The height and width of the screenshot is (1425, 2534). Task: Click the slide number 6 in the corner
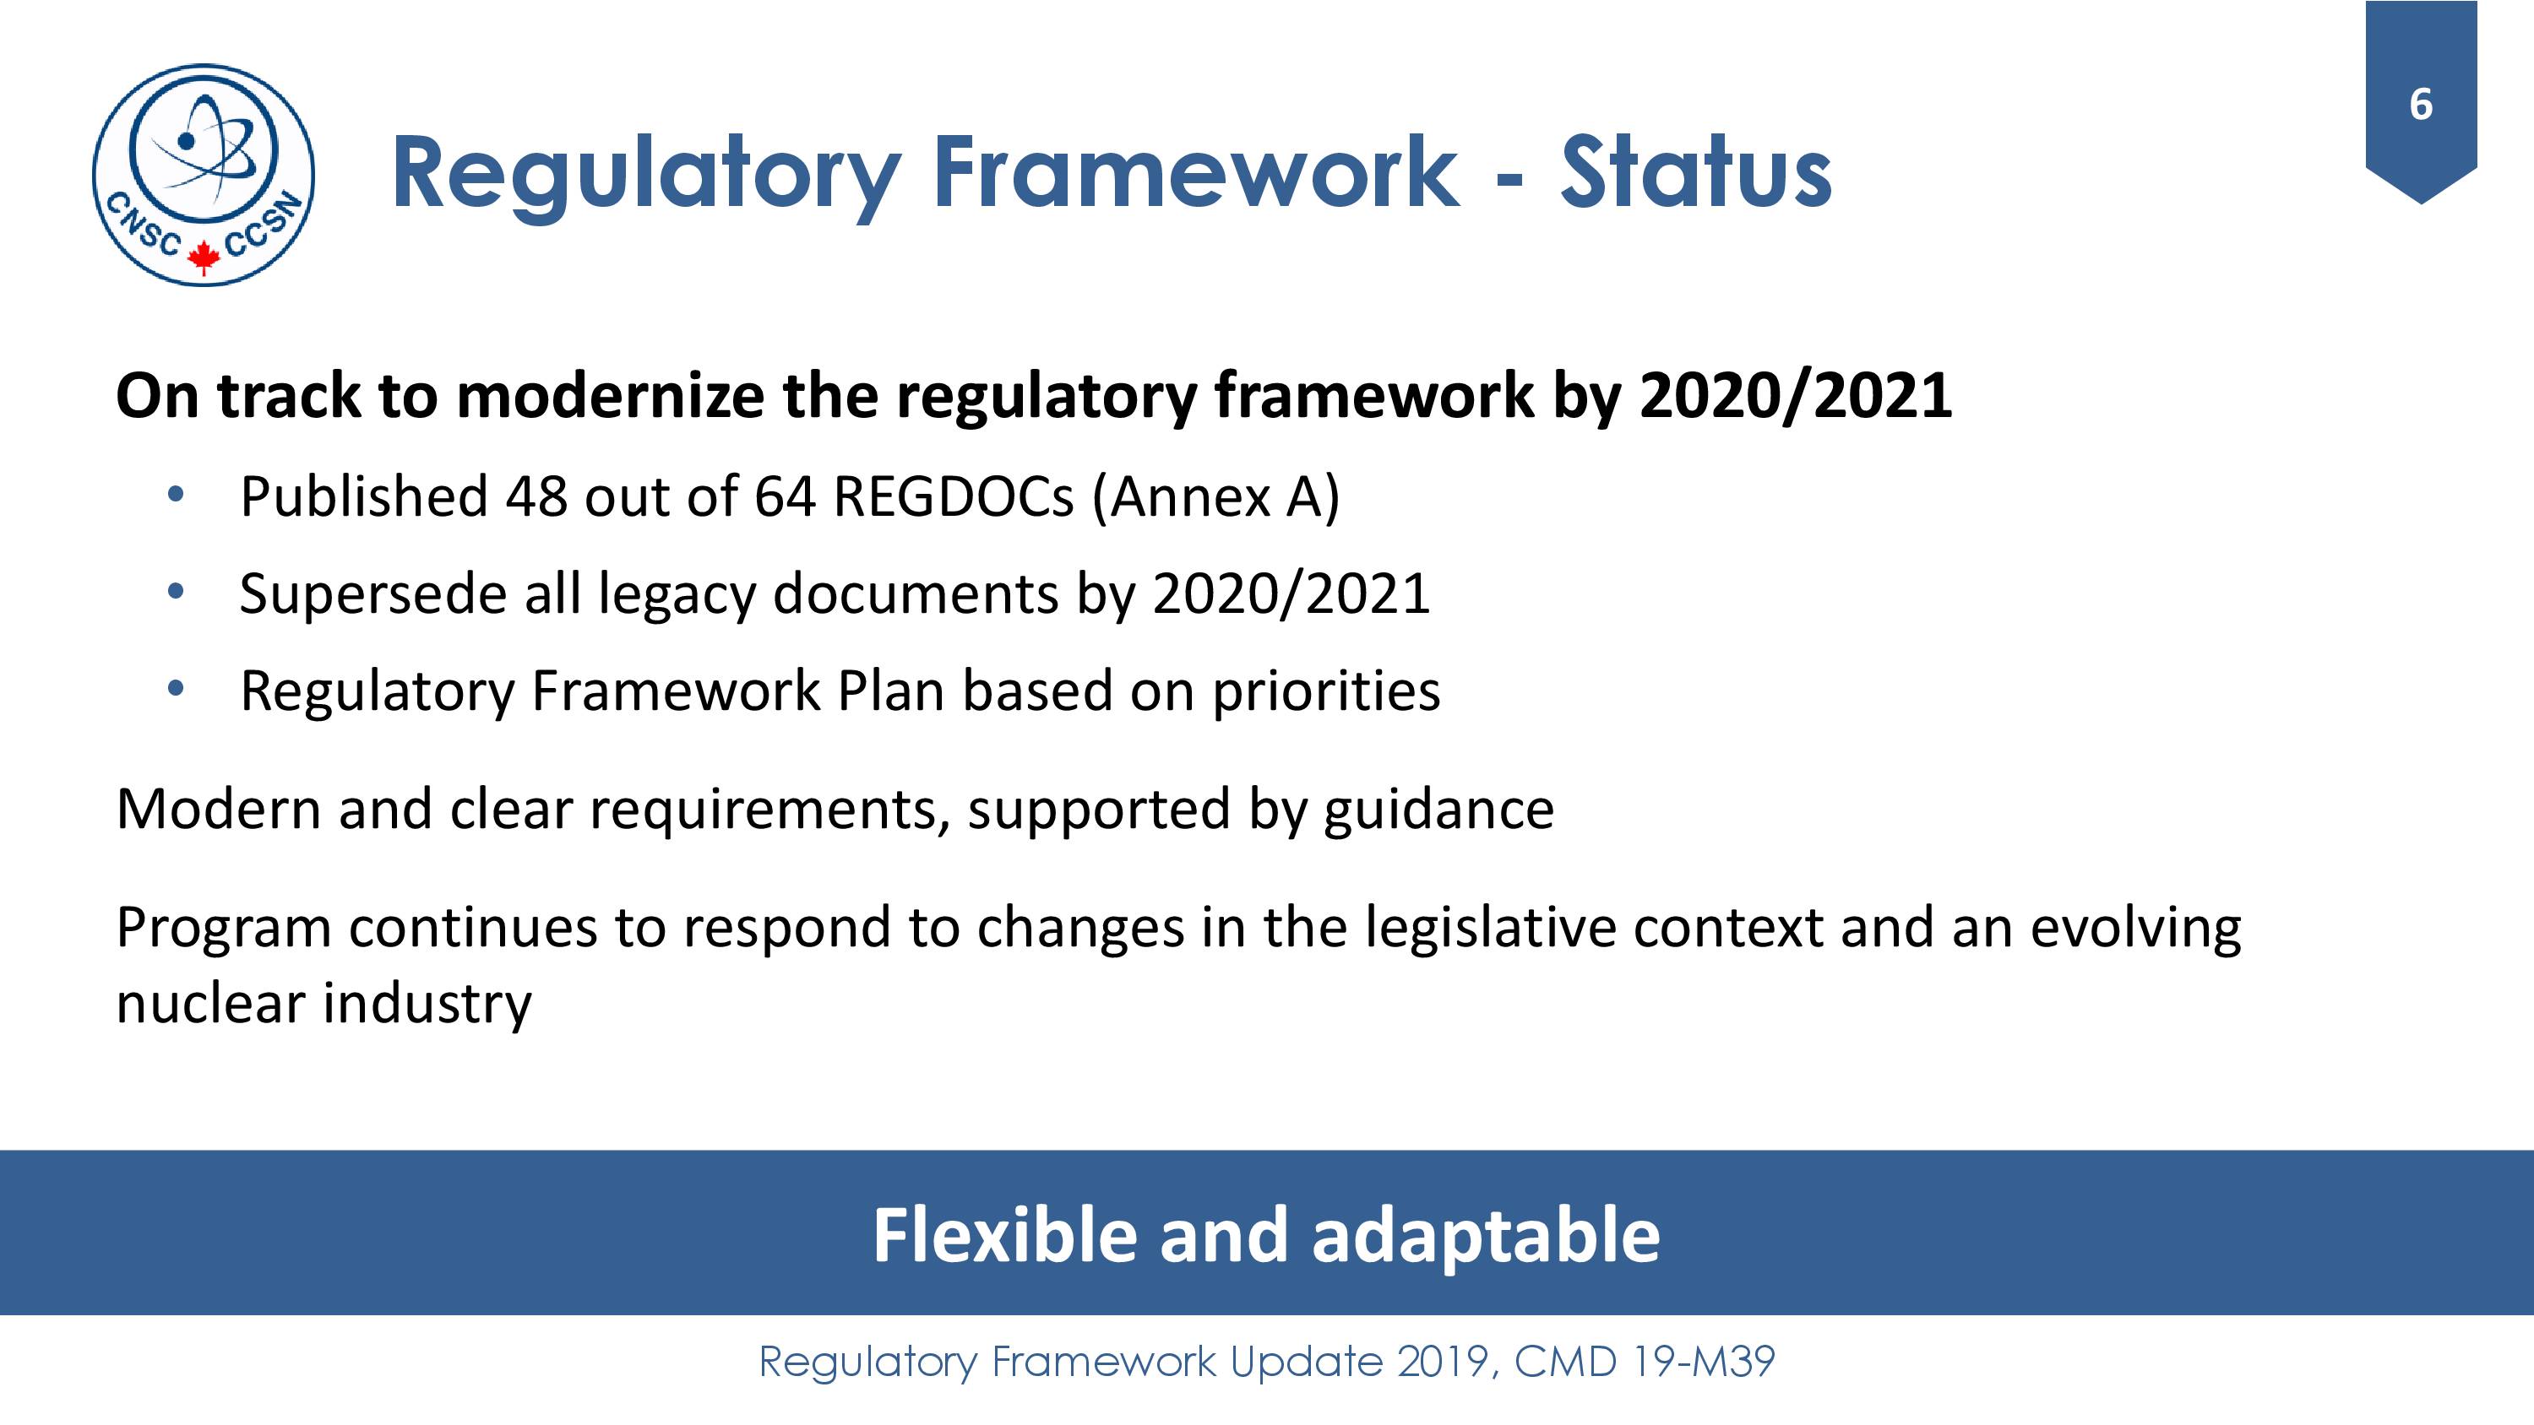(2421, 104)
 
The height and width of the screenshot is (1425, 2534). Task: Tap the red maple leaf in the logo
(204, 257)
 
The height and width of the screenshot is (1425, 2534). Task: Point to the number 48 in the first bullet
(536, 496)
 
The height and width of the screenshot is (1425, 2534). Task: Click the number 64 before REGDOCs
(785, 496)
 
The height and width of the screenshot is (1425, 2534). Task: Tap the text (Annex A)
(1215, 496)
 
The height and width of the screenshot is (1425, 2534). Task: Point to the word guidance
(1439, 810)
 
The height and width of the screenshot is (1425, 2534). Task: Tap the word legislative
(1490, 929)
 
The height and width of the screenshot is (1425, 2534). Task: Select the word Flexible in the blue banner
(1006, 1235)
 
